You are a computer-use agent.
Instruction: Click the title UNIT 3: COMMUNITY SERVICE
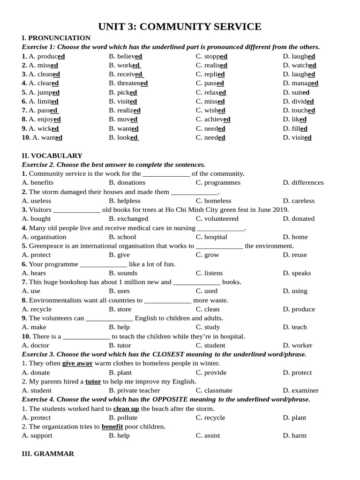(x=180, y=27)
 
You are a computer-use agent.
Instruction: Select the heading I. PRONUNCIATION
(x=56, y=38)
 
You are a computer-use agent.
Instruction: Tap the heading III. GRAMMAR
(x=48, y=454)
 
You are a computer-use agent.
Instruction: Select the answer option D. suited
(x=296, y=92)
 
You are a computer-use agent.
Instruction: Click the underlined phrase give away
(x=77, y=363)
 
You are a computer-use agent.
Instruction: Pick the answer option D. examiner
(x=300, y=390)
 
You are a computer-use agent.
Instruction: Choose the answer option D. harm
(x=294, y=435)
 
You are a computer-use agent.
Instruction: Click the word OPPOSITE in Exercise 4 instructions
(x=170, y=399)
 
